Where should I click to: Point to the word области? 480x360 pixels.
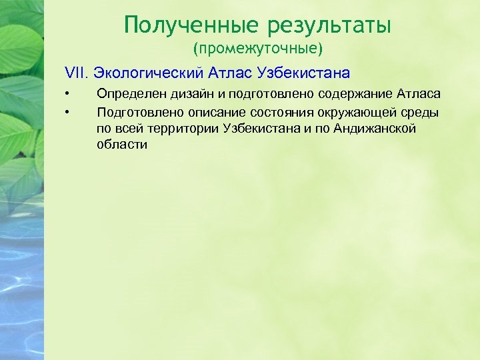point(122,144)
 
